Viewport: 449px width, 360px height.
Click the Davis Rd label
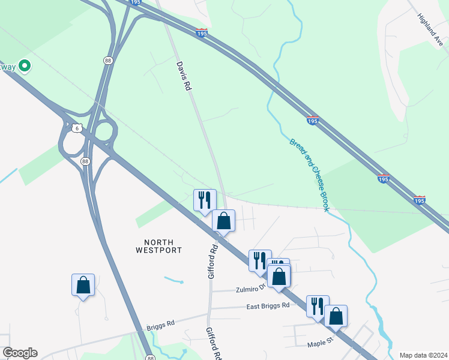tap(184, 76)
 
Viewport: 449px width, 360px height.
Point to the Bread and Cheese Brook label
tap(310, 175)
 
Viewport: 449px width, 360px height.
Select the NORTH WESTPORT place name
tap(158, 245)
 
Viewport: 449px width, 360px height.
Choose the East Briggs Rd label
tap(268, 305)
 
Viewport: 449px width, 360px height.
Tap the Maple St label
tap(320, 344)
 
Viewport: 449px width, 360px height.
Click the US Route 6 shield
tap(76, 128)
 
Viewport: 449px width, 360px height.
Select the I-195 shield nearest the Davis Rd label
tap(202, 33)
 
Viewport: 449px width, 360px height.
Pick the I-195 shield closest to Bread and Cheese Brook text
tap(312, 121)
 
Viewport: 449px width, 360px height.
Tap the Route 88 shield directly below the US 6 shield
tap(86, 161)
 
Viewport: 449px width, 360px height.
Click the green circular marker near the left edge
tap(25, 65)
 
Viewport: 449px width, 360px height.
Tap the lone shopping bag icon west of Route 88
tap(83, 285)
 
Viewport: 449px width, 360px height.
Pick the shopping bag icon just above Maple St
tap(336, 316)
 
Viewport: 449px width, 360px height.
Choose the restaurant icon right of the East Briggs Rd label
tap(318, 305)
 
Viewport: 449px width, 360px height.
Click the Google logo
tap(20, 353)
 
